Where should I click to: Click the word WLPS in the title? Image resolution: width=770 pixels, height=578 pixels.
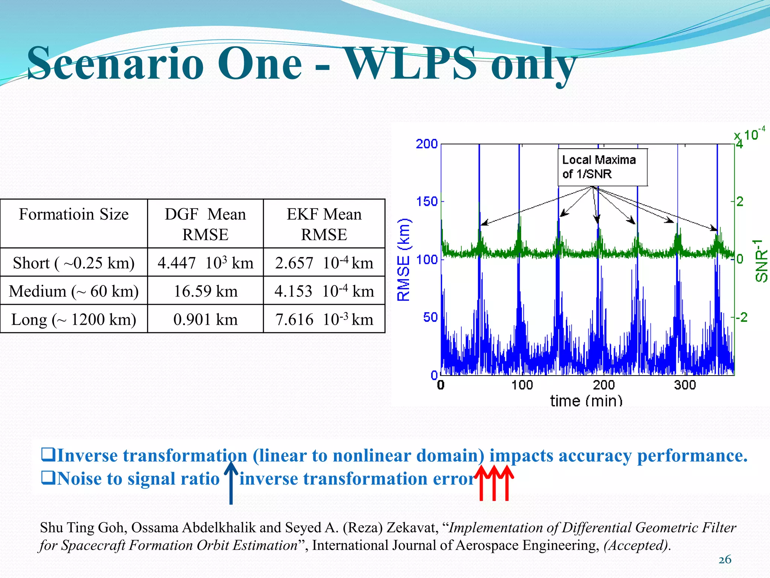tap(410, 63)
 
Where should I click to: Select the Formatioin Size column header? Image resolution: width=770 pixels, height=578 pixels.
tap(74, 214)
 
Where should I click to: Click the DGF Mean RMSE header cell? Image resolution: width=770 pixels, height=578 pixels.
tap(205, 224)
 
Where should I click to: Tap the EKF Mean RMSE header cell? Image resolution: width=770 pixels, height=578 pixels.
tap(324, 224)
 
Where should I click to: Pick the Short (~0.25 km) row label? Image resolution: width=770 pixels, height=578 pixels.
tap(74, 263)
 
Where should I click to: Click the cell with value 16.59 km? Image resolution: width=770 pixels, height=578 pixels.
tap(205, 291)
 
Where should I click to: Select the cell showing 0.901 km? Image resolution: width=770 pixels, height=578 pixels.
tap(205, 319)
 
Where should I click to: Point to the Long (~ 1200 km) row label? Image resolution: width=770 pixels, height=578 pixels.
tap(74, 319)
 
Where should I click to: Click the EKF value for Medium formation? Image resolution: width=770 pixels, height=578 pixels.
tap(324, 291)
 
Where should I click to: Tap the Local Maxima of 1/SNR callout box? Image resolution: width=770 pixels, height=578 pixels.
tap(602, 167)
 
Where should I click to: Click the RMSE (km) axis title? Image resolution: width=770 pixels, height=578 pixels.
tap(403, 260)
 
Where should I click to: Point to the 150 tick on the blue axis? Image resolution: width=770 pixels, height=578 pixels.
tap(427, 201)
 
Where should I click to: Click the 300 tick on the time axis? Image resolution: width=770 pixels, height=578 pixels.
tap(685, 385)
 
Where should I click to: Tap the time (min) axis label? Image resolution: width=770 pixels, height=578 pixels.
tap(586, 400)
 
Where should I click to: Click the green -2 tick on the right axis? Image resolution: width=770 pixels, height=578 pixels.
tap(741, 317)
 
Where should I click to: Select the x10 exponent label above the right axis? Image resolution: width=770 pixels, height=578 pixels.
tap(750, 134)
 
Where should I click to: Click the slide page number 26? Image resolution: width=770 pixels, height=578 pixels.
tap(725, 560)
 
